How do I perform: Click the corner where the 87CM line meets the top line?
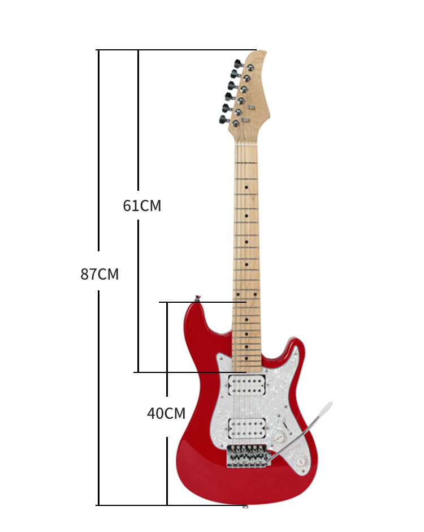tap(98, 50)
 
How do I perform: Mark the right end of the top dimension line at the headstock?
tap(257, 50)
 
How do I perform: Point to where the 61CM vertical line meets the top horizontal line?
tap(138, 50)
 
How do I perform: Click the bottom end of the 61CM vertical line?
tap(138, 372)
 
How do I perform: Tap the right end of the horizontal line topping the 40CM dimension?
tap(246, 302)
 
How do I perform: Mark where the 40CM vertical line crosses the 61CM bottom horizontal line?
tap(167, 372)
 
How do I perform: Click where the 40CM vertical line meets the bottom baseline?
tap(167, 505)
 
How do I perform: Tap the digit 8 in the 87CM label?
tap(85, 274)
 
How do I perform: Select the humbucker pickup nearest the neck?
tap(246, 384)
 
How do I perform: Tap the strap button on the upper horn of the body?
tap(197, 298)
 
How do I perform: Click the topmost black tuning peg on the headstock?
tap(239, 63)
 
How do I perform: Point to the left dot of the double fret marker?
tap(238, 294)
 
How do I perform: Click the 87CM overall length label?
tap(99, 274)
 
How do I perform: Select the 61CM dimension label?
tap(142, 205)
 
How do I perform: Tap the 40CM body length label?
tap(166, 413)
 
